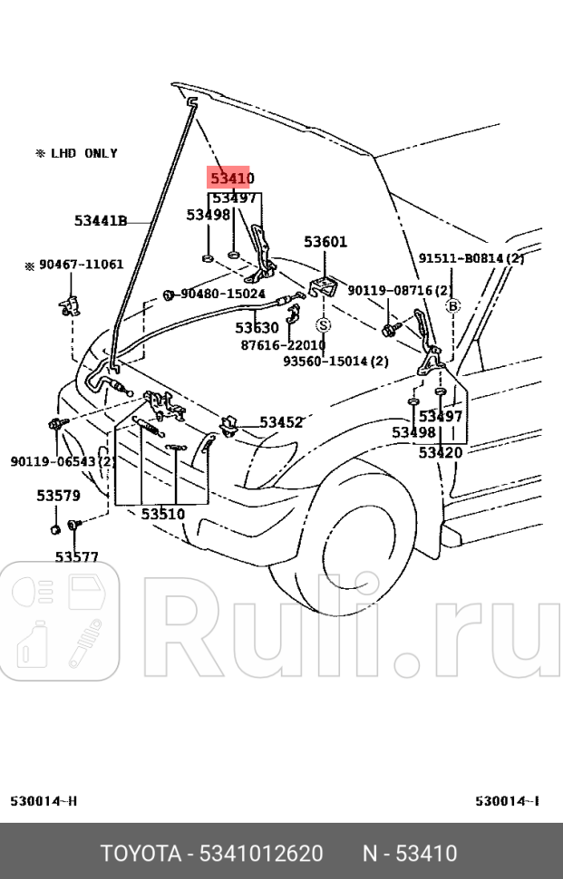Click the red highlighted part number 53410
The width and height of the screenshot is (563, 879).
pos(232,179)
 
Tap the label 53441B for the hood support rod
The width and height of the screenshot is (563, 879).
pos(100,219)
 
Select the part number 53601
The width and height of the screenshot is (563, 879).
pos(325,242)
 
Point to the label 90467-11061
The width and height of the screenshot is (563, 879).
pos(74,265)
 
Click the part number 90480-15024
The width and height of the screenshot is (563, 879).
pos(222,295)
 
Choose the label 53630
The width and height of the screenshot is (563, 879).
pos(257,328)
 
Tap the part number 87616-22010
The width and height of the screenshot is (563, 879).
pos(283,344)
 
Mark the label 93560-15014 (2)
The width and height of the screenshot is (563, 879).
pos(335,361)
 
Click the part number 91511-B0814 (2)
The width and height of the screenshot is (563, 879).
pos(471,258)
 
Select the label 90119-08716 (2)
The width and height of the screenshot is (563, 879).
pos(400,290)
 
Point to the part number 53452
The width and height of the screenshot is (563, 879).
pos(281,422)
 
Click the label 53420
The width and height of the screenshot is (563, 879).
pos(441,452)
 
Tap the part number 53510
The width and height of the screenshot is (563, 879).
pos(162,514)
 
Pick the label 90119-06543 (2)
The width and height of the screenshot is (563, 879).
pos(62,461)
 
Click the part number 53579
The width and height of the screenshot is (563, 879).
pos(58,496)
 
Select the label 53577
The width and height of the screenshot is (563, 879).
pos(76,557)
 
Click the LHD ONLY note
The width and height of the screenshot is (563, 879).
pos(76,154)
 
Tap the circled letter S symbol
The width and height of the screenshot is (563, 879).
pos(324,324)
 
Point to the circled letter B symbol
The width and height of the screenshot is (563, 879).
pos(453,305)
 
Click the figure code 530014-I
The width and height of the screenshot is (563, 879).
pos(508,801)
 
